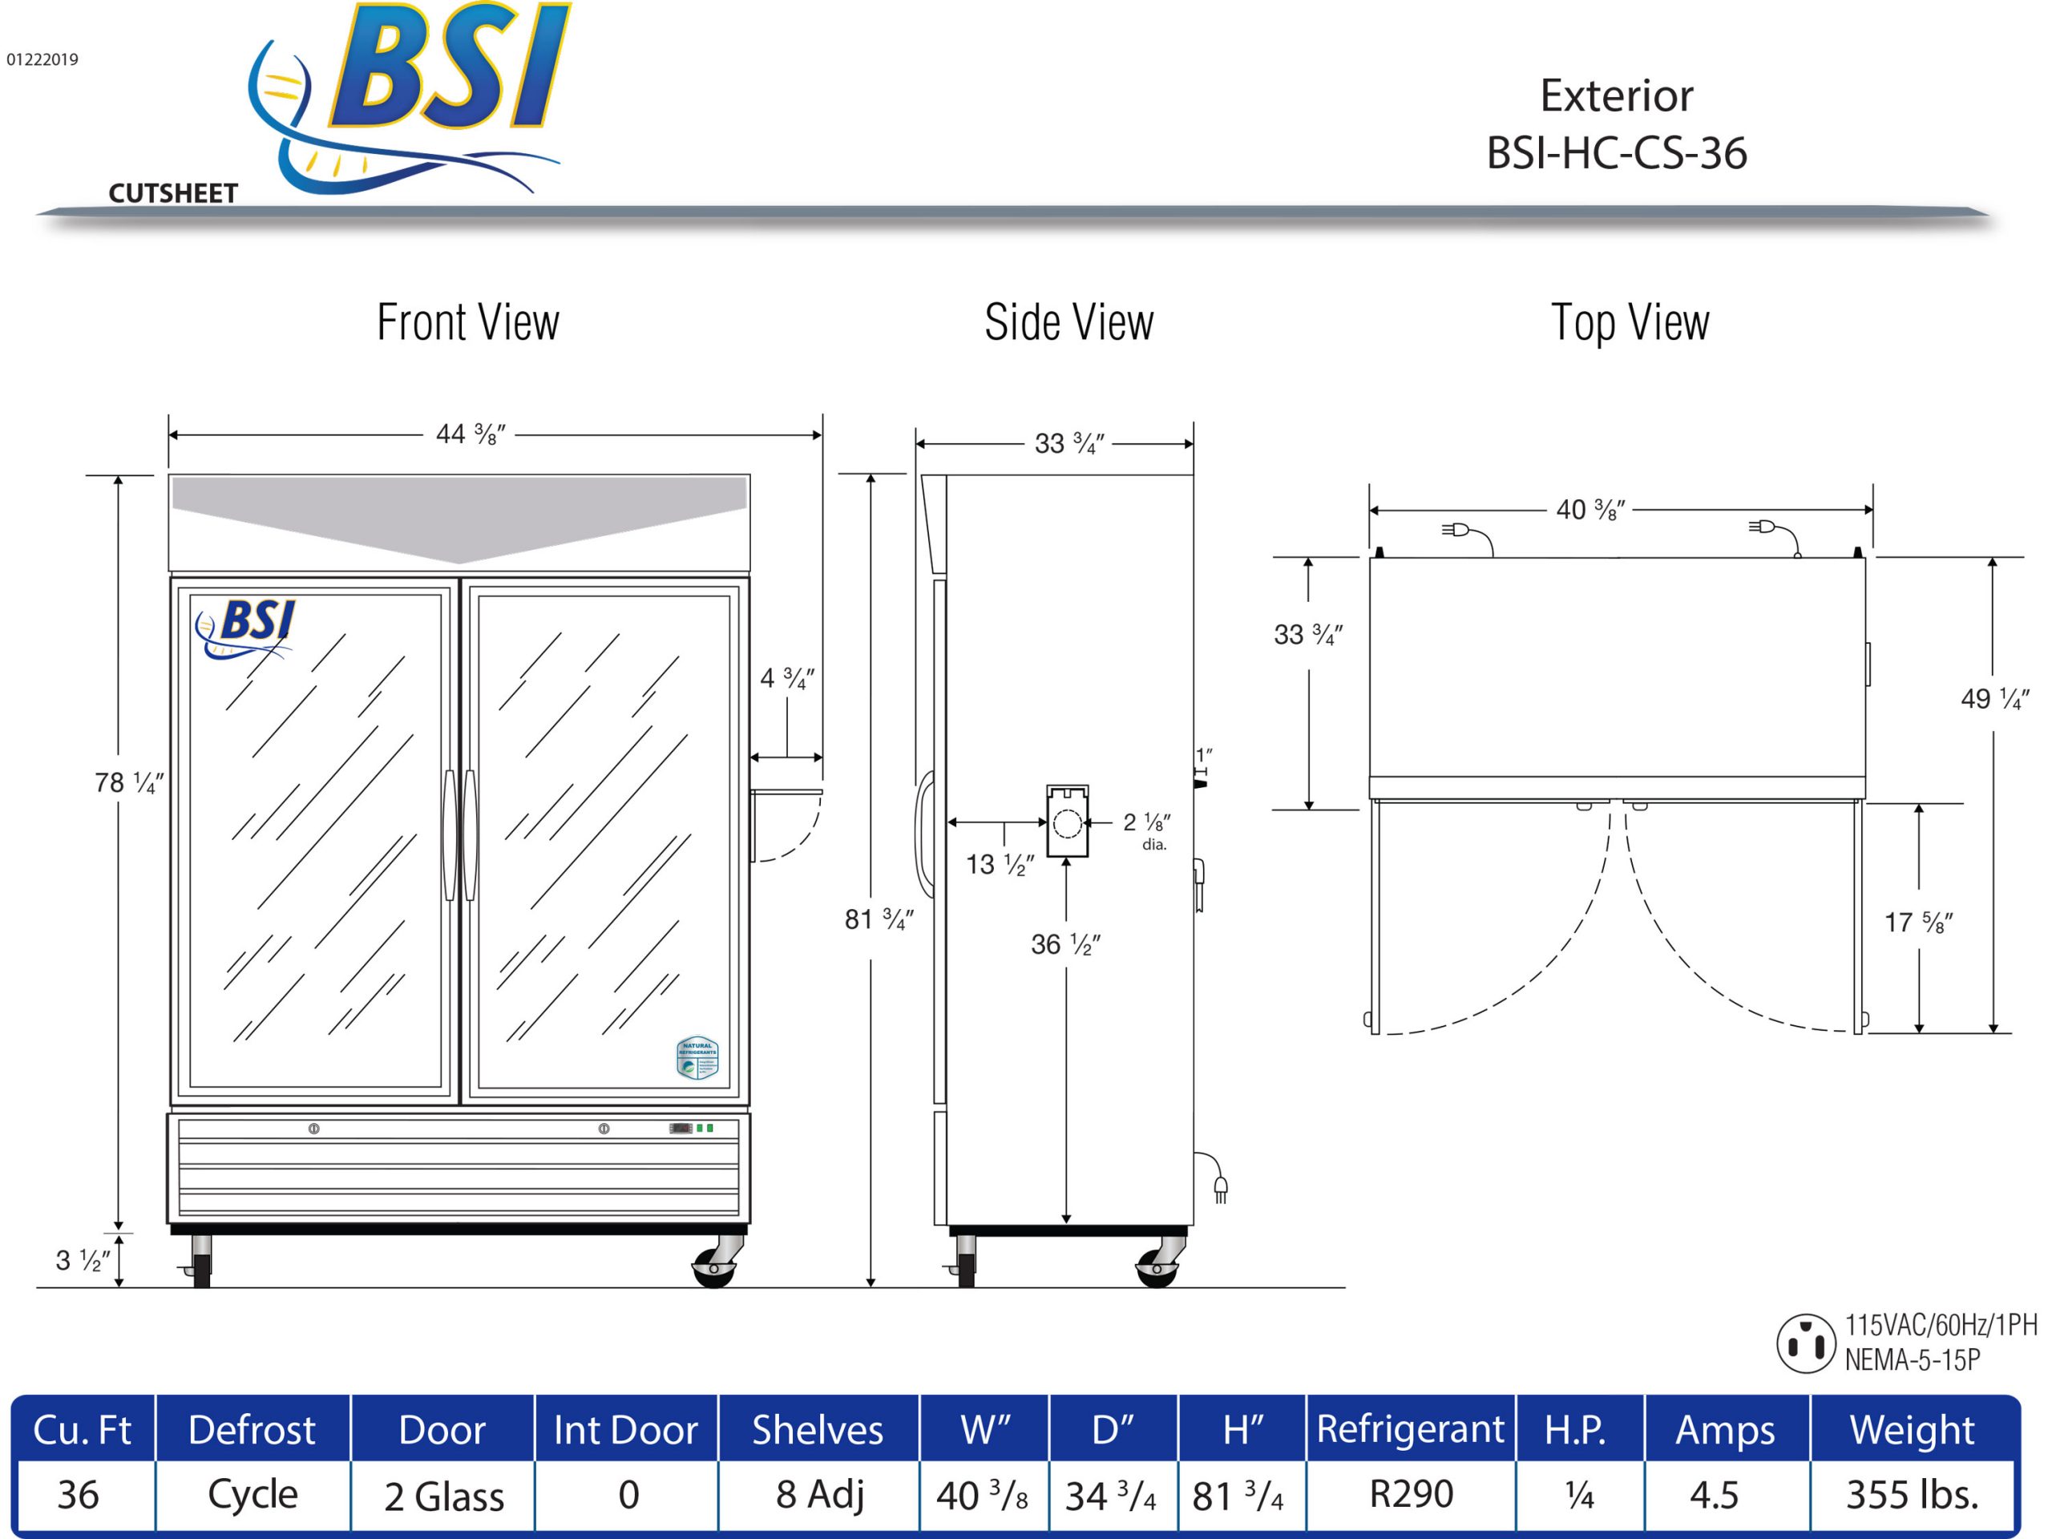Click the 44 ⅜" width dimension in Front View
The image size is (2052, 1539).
(471, 434)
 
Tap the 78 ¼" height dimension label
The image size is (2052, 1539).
(129, 783)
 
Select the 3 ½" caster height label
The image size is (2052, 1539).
(83, 1260)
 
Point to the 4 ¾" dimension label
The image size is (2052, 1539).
(786, 679)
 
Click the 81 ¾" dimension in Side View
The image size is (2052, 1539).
(879, 919)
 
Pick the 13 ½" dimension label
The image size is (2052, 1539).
(999, 865)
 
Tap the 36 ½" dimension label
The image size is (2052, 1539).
(1065, 944)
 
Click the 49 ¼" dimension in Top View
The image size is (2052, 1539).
(1994, 698)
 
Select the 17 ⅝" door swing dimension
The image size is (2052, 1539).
(1917, 922)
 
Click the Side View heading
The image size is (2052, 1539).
(1068, 323)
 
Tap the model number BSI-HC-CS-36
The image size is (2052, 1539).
(1616, 153)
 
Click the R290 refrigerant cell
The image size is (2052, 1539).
(1411, 1493)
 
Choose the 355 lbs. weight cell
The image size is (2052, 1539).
(1912, 1494)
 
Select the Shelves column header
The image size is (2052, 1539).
(818, 1429)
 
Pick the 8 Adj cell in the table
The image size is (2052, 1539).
(819, 1494)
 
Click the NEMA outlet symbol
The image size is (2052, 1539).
(1805, 1343)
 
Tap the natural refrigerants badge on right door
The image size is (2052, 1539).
(697, 1057)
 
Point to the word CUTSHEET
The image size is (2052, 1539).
(173, 193)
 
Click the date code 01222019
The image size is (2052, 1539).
(42, 60)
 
